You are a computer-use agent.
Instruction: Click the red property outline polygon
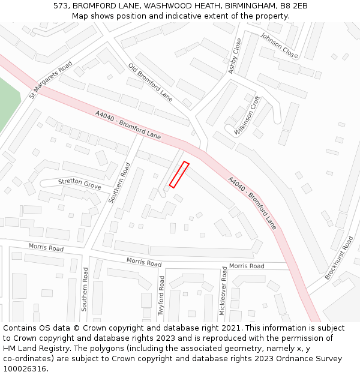point(179,175)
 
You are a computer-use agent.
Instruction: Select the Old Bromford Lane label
point(150,82)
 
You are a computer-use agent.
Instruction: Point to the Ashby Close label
point(235,56)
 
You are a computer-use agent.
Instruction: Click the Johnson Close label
point(279,46)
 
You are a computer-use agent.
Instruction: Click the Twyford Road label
point(161,295)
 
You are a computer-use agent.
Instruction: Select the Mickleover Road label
point(223,292)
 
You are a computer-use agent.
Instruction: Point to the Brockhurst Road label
point(339,257)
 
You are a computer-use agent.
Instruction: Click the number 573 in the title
point(61,6)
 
